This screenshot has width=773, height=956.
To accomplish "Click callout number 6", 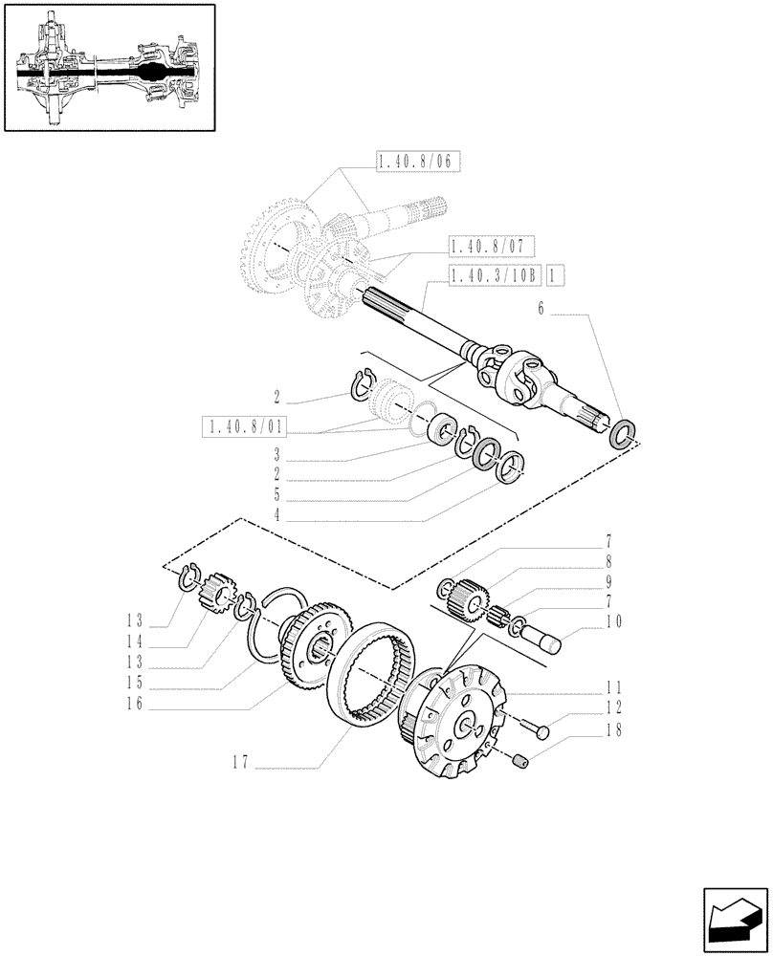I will pyautogui.click(x=541, y=309).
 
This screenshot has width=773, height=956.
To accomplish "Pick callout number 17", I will pyautogui.click(x=242, y=762).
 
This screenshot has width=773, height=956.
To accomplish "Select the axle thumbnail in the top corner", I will pyautogui.click(x=109, y=68).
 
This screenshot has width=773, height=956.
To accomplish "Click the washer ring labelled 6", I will pyautogui.click(x=624, y=434).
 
